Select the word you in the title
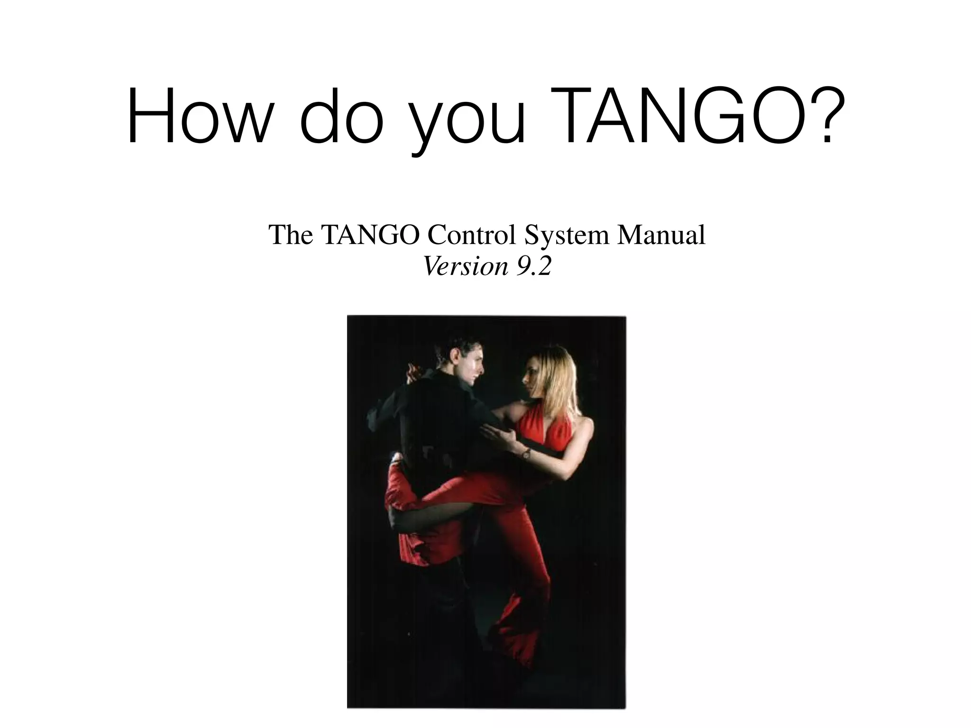[468, 121]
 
